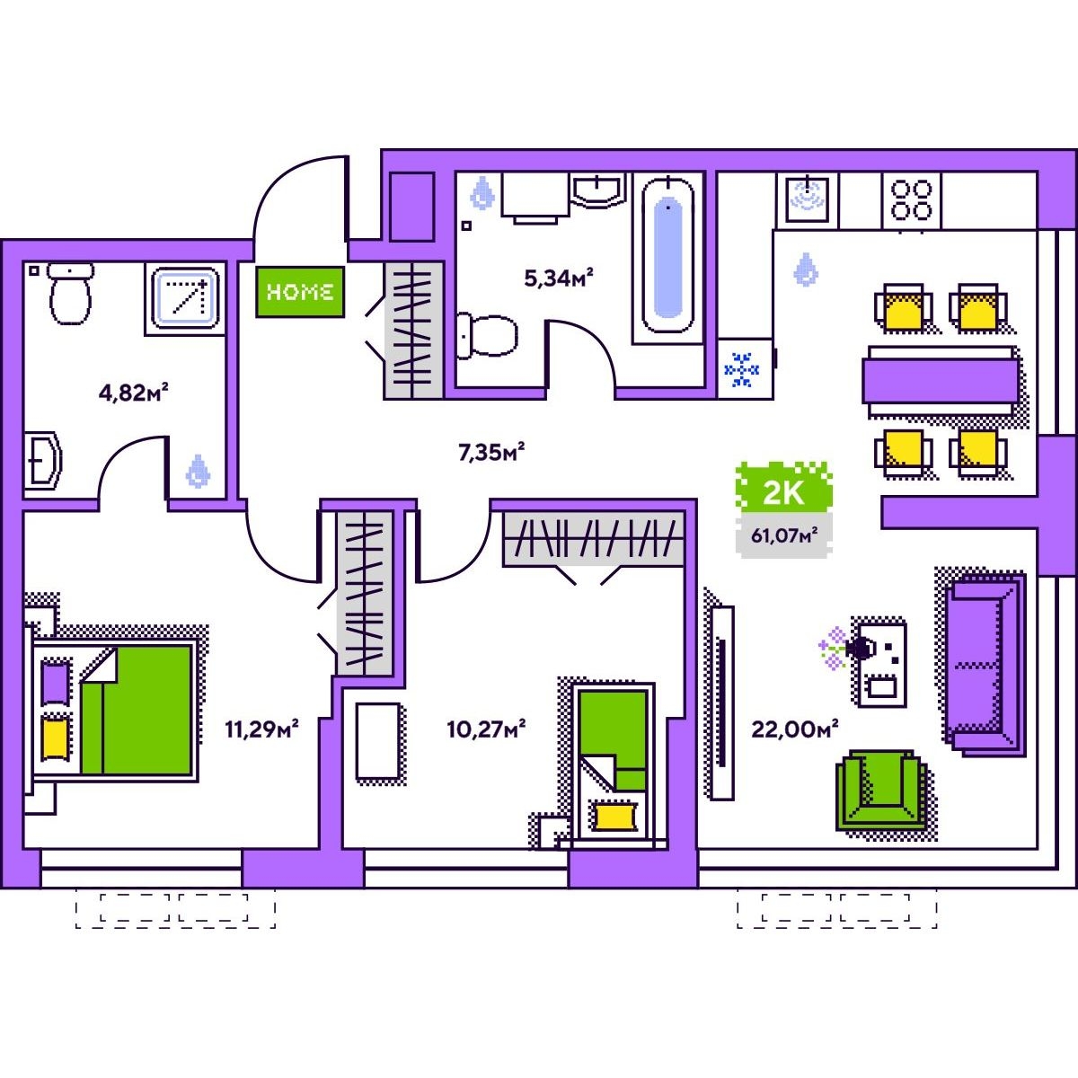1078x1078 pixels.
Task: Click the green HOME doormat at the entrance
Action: (300, 291)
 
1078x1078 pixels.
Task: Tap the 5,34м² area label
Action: (558, 278)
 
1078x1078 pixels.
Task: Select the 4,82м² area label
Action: (133, 393)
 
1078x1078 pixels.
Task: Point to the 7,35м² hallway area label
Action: (491, 452)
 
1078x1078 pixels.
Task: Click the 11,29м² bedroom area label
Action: (261, 729)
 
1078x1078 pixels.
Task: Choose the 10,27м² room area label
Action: (486, 729)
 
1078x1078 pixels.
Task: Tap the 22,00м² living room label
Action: (794, 729)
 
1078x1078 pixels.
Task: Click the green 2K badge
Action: (783, 493)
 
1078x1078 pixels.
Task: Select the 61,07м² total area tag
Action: (784, 535)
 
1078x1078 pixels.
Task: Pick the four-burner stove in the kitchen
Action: (911, 200)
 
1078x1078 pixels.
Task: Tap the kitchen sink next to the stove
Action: (808, 200)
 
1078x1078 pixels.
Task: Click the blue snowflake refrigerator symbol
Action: (742, 369)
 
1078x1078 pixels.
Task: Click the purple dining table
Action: (941, 382)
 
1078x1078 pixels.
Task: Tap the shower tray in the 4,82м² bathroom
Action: (185, 299)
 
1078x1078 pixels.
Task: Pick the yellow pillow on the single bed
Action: (614, 817)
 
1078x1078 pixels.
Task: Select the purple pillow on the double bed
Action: (56, 683)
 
